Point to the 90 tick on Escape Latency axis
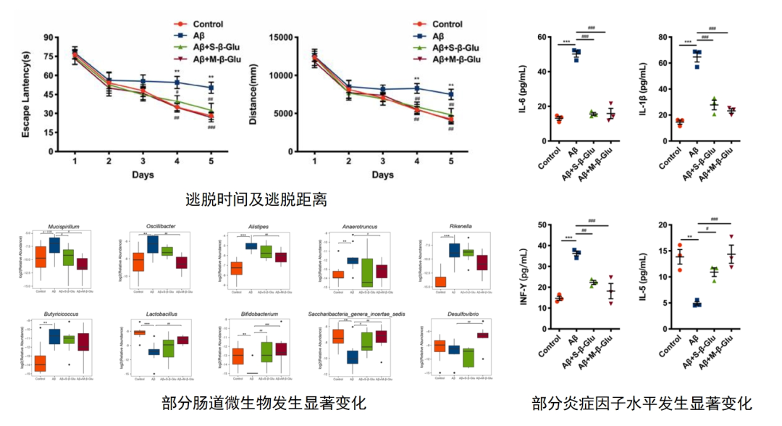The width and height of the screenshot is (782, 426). pyautogui.click(x=49, y=38)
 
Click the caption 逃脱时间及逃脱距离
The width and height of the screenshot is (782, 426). pyautogui.click(x=251, y=199)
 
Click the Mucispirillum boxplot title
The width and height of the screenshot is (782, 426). pyautogui.click(x=63, y=226)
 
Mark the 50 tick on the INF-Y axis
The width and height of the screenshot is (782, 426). pyautogui.click(x=538, y=225)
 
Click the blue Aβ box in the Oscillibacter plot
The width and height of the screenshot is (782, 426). pyautogui.click(x=153, y=243)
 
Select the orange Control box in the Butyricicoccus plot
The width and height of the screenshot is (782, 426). pyautogui.click(x=40, y=362)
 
